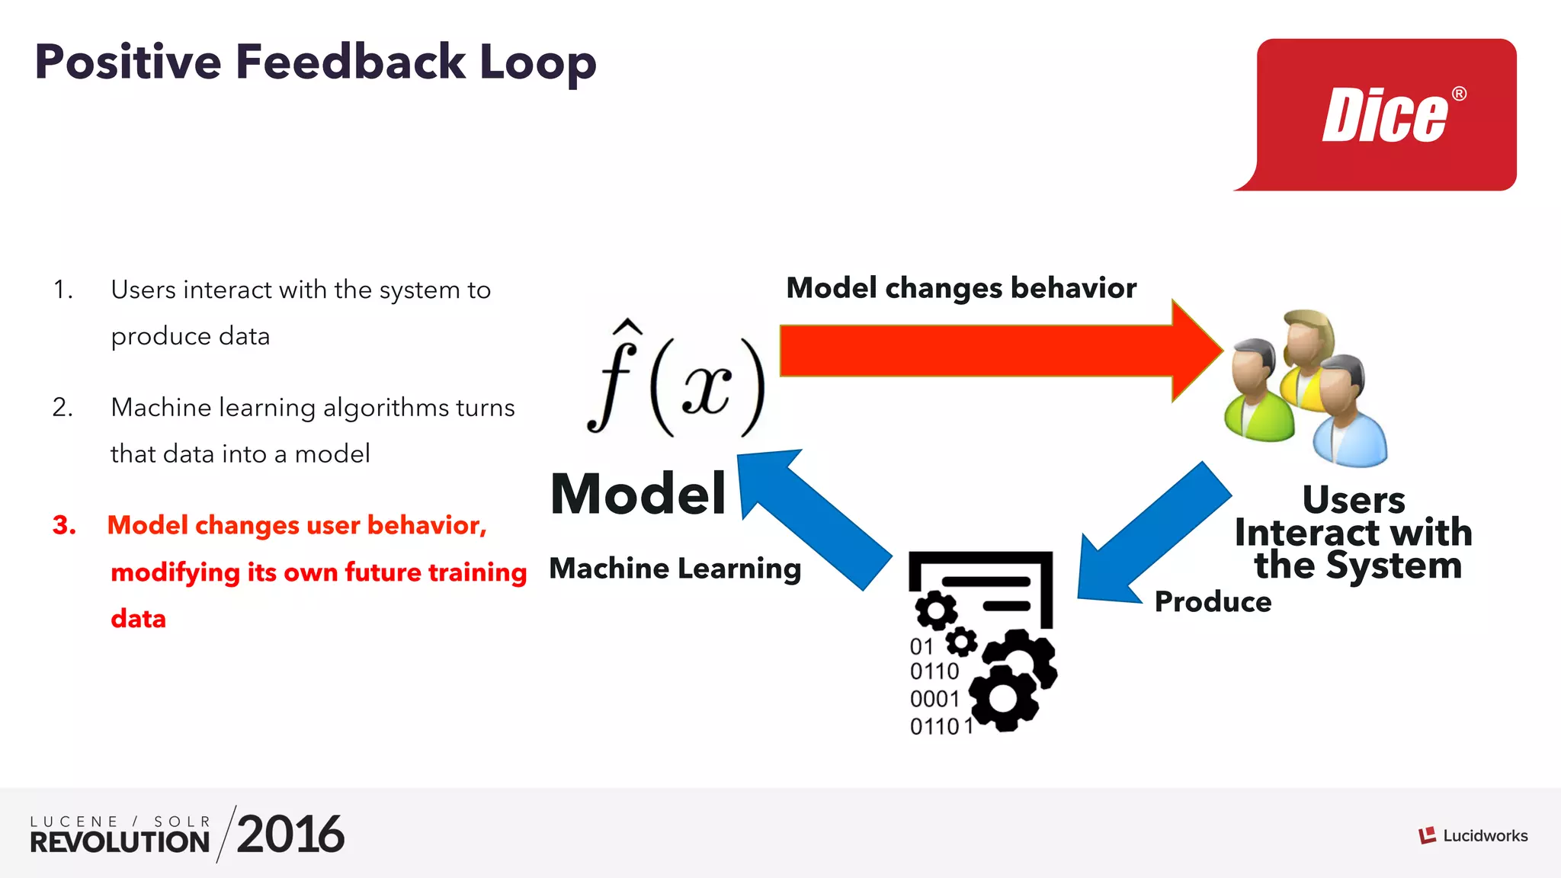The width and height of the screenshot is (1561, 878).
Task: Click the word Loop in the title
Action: coord(537,62)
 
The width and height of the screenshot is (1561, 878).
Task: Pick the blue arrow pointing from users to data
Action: coord(1151,534)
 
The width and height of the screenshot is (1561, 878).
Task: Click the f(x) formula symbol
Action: coord(675,381)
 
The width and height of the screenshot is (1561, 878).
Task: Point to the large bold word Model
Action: coord(638,494)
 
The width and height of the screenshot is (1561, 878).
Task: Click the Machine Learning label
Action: coord(675,569)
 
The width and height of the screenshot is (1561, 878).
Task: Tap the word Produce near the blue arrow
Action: coord(1212,602)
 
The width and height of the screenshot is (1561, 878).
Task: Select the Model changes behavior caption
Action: coord(960,288)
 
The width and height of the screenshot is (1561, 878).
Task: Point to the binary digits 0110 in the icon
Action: coord(934,671)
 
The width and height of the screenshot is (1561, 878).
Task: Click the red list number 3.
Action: coord(64,525)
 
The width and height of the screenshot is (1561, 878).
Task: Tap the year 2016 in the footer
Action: coord(290,835)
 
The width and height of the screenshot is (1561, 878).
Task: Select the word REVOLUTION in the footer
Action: coord(120,842)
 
